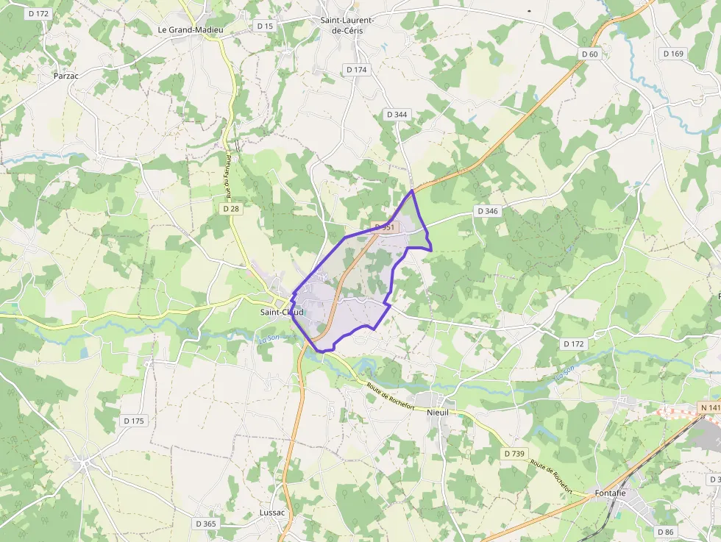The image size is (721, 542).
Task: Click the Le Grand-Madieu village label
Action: tap(191, 29)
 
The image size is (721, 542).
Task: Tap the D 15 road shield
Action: tap(265, 26)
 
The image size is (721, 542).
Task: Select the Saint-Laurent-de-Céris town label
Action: tap(347, 25)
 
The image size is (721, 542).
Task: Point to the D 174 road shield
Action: tap(356, 69)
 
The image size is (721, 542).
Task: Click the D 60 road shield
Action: tap(589, 54)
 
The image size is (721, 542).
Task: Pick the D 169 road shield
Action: tap(672, 53)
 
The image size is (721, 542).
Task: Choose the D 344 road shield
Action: tap(397, 114)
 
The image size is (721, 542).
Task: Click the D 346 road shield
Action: tap(488, 211)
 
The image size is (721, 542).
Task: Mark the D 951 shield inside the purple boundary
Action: tap(384, 227)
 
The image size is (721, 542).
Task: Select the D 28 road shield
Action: tap(231, 209)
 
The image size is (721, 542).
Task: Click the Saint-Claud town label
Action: tap(282, 312)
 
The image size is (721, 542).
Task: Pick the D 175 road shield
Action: tap(135, 421)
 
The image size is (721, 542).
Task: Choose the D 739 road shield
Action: tap(514, 454)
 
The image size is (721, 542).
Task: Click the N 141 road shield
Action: tap(709, 407)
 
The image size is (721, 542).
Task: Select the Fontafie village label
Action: tap(610, 493)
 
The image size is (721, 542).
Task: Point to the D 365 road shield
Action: tap(206, 524)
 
